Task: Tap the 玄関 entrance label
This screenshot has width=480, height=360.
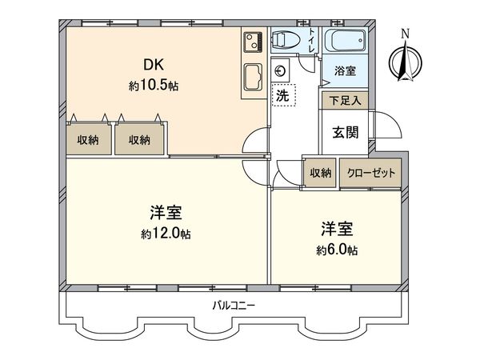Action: (x=346, y=132)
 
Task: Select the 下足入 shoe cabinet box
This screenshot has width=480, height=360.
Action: (x=344, y=100)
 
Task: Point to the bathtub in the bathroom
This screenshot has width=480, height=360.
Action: (x=346, y=40)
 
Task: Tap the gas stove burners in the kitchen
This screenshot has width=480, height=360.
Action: (x=254, y=41)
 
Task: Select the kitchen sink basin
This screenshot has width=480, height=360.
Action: (x=254, y=76)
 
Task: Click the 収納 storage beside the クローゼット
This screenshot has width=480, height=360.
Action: (x=321, y=173)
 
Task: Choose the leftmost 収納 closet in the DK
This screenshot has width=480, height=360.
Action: (x=88, y=140)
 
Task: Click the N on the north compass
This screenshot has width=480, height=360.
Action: (x=406, y=34)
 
